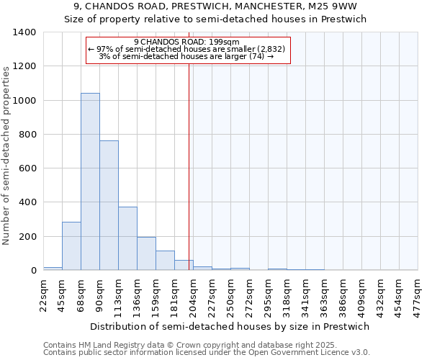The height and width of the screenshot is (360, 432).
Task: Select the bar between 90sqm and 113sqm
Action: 109,205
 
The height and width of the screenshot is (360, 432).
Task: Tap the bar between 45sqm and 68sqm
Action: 71,246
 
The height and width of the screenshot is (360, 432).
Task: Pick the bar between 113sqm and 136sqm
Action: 127,238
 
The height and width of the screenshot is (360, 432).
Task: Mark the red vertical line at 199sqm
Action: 189,166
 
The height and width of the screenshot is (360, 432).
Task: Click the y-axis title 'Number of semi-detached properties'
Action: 7,156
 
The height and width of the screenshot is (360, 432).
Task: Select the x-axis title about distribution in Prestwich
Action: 230,326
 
